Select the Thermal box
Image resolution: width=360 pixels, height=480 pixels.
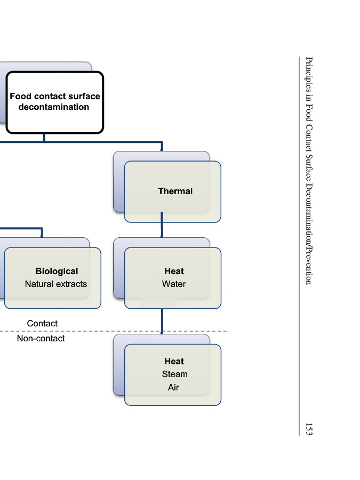(172, 191)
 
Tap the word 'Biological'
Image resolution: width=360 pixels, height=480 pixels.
(57, 271)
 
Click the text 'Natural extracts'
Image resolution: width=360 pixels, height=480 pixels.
(56, 284)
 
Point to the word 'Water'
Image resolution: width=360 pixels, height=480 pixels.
(174, 284)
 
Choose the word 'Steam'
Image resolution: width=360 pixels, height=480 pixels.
(174, 374)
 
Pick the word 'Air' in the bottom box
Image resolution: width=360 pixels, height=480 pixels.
(173, 388)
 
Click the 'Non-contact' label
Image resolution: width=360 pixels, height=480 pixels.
(41, 339)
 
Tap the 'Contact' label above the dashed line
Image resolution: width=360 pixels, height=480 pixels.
(42, 324)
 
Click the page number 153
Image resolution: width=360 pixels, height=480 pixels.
(309, 428)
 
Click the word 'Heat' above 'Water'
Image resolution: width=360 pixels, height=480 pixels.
(174, 271)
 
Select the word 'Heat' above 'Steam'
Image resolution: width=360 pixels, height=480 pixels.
(174, 362)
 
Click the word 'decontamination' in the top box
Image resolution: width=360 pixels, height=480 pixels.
(54, 107)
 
